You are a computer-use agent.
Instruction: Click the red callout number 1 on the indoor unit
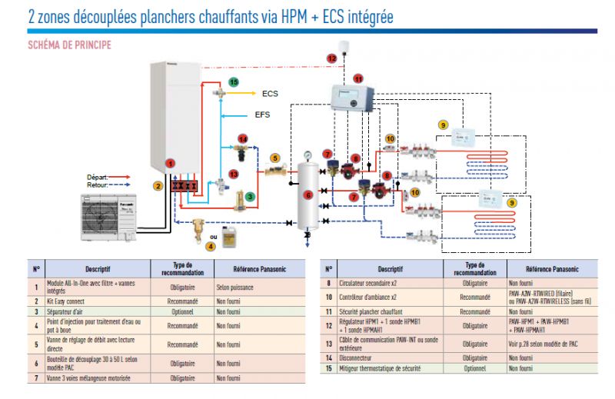[171, 163]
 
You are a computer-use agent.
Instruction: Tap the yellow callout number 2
[158, 185]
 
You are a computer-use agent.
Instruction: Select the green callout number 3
[250, 197]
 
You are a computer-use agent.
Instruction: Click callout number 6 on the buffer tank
[308, 195]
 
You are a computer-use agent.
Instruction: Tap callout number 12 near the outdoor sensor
[332, 58]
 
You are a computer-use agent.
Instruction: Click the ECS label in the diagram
[270, 94]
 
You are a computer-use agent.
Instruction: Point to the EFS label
[263, 115]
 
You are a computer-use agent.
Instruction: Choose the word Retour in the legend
[97, 185]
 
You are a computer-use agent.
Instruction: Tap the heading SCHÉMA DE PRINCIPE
[70, 45]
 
